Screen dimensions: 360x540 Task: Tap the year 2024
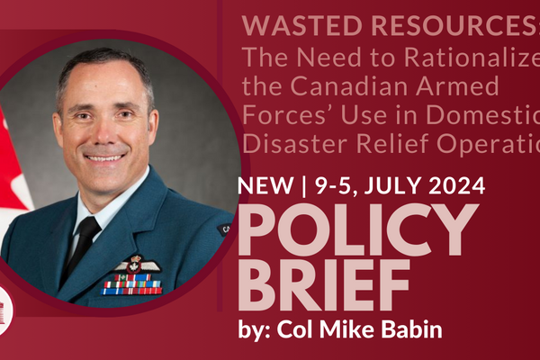coord(454,187)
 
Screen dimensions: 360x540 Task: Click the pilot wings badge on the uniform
coord(137,265)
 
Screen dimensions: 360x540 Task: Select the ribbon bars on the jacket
coord(132,285)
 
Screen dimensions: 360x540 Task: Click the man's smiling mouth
coord(104,157)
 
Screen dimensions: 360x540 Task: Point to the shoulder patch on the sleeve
coord(223,229)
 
